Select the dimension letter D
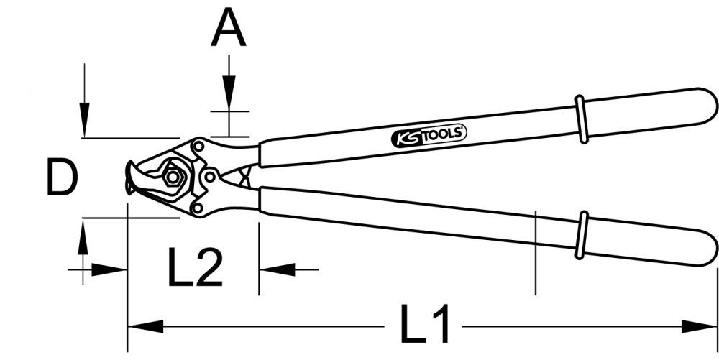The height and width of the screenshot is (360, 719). pos(61,178)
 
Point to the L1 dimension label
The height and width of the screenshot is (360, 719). pos(427,325)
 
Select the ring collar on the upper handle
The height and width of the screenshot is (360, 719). pos(581,119)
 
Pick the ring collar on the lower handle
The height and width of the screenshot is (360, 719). pos(582,235)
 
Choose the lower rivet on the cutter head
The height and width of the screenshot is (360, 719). pos(196,207)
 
